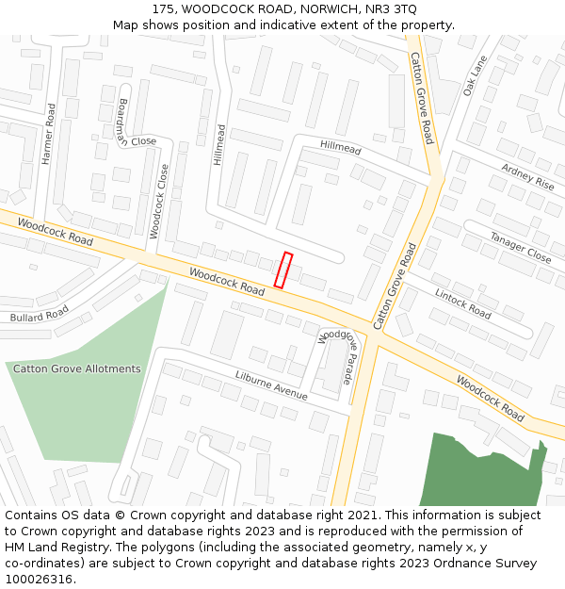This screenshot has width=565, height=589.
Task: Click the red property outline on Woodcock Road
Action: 283,270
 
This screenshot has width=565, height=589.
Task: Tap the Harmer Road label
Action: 49,134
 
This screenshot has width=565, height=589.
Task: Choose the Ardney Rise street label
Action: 527,175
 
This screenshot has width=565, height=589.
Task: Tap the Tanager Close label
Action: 520,243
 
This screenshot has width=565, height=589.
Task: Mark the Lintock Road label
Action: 462,303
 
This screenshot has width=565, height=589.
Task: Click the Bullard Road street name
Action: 40,314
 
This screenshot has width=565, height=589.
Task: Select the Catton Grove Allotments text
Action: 76,368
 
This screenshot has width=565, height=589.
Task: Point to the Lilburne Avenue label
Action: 271,385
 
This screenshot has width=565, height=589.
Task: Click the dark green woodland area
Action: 480,471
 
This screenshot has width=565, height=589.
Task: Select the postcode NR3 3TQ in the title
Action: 390,8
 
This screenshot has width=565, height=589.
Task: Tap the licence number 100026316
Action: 39,580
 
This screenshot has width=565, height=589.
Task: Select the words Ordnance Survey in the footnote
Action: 488,564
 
